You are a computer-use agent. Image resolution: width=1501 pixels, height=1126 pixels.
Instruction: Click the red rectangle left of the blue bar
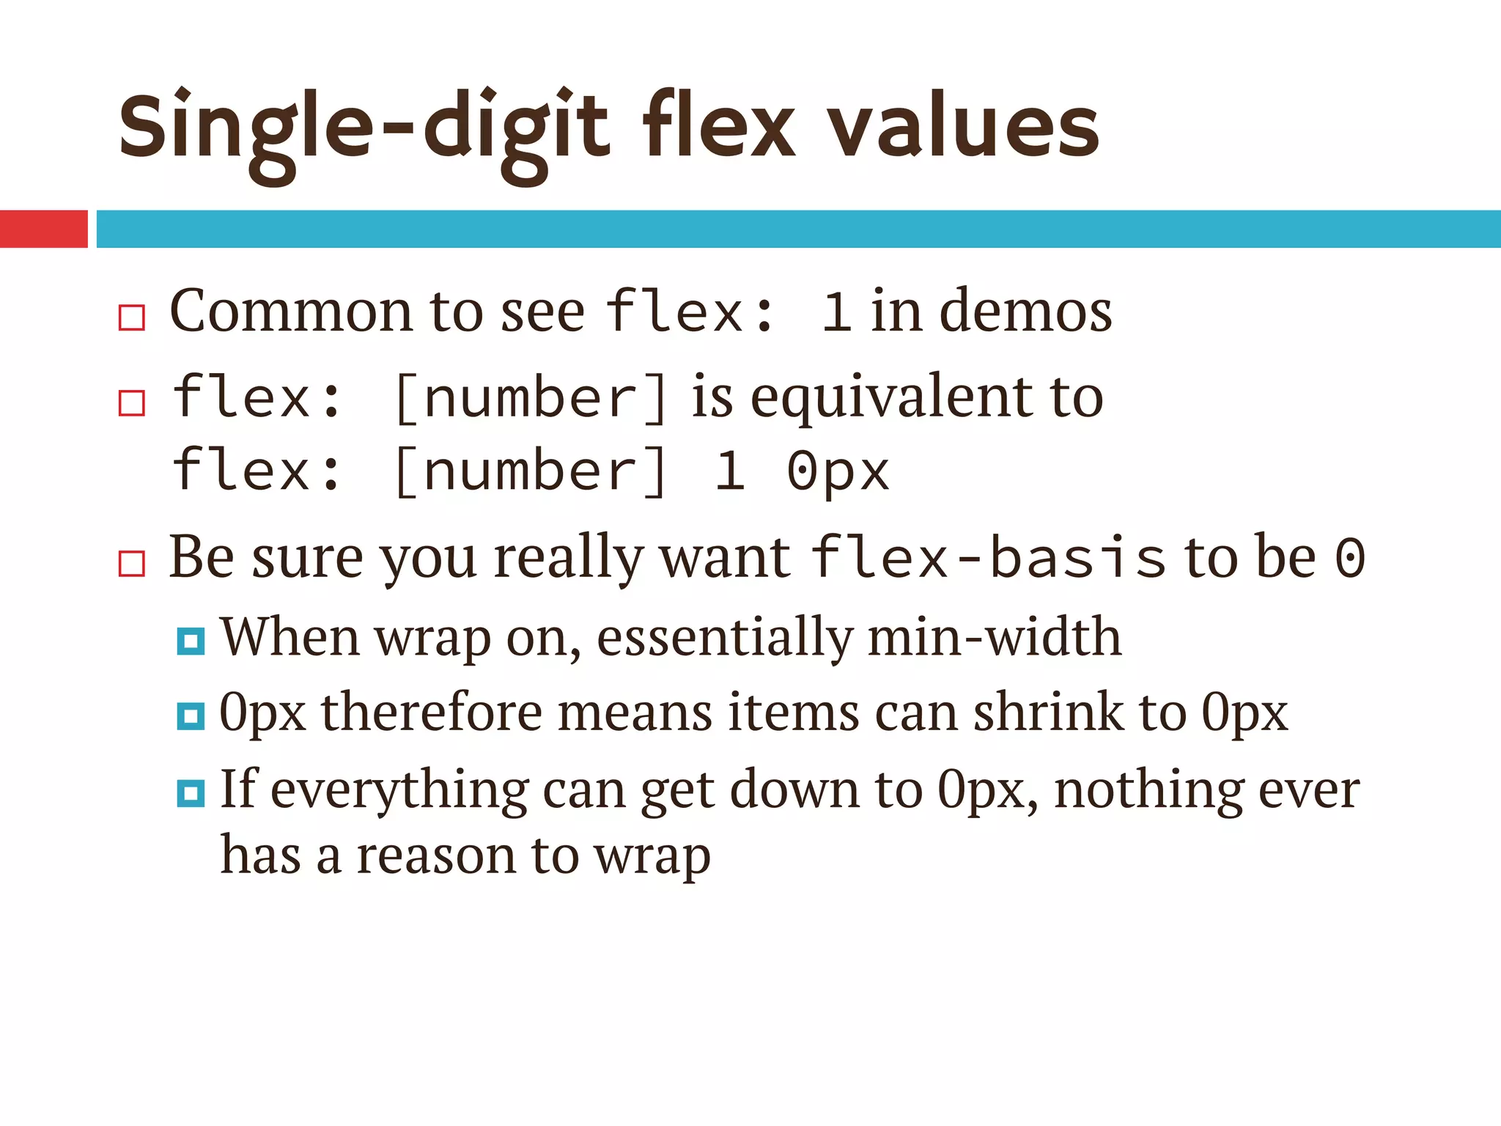tap(43, 229)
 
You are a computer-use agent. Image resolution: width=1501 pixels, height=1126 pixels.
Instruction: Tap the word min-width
tap(995, 638)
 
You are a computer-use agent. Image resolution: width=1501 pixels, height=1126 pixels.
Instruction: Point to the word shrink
tap(1048, 713)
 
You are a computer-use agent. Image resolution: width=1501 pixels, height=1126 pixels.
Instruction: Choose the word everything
tap(399, 791)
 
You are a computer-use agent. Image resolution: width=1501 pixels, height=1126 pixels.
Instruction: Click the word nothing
tap(1148, 791)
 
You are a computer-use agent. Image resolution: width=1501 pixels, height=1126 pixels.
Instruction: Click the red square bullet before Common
tap(132, 318)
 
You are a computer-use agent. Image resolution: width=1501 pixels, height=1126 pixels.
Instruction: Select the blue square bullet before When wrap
tap(191, 642)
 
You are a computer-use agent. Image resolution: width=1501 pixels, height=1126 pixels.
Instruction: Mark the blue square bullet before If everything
tap(191, 793)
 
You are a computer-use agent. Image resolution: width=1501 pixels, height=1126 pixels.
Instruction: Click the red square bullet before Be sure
tap(132, 564)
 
